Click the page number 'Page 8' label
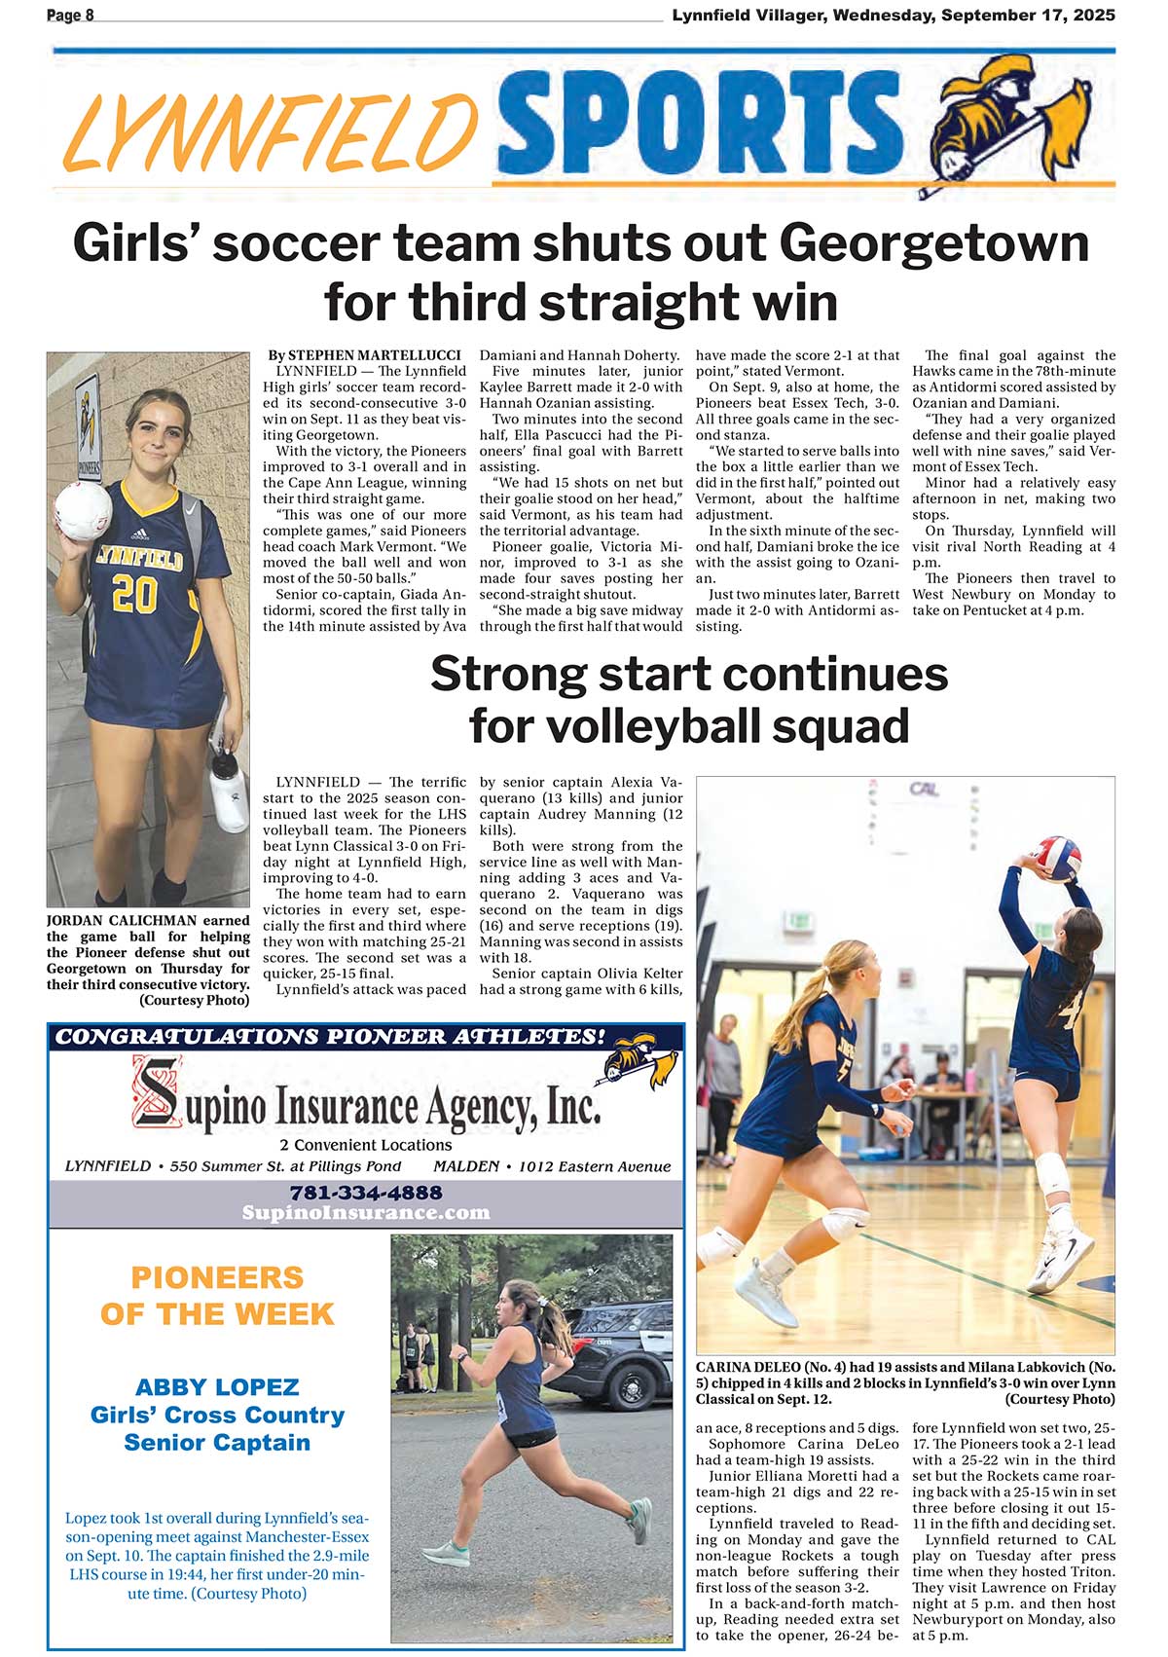[70, 15]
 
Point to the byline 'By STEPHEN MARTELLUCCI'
[364, 355]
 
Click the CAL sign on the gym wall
[924, 788]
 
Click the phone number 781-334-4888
[366, 1192]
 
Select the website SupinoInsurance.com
[366, 1212]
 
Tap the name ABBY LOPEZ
[217, 1386]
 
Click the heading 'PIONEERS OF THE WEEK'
[217, 1295]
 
